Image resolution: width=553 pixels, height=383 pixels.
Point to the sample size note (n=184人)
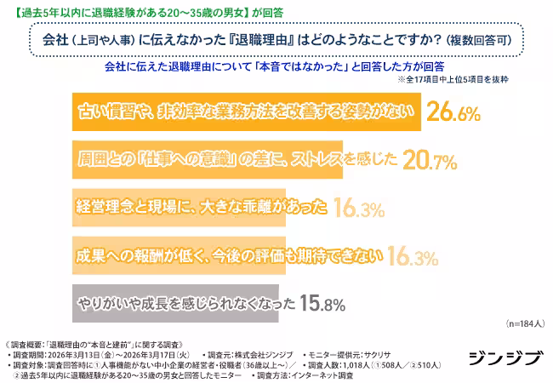coord(522,324)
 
